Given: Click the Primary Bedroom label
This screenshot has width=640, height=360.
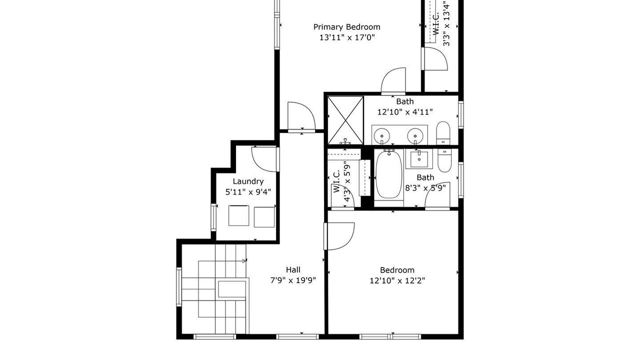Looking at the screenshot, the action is [x=347, y=27].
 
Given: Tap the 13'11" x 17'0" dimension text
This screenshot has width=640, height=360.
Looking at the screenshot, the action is [x=347, y=37].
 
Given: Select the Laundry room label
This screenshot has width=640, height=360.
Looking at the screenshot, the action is [x=248, y=181].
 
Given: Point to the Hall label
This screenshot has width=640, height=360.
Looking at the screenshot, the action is [x=293, y=269].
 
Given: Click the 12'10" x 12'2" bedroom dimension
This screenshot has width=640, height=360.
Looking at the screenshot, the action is [x=397, y=280].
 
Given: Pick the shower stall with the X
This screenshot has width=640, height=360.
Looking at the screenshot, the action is [x=345, y=120].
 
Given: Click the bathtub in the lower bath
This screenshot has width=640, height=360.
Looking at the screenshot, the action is [x=389, y=174].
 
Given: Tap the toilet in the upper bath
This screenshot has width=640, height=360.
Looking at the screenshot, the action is [x=443, y=133].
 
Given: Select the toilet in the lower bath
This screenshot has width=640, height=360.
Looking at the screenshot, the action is [x=444, y=160].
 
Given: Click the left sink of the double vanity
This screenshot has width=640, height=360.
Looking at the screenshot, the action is [x=381, y=135].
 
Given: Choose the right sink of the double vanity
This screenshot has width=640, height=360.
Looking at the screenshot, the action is [x=415, y=135].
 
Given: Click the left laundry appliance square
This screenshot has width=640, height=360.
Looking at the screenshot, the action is [x=238, y=215].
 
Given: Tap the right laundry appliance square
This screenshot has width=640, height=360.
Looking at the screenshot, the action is [x=264, y=217].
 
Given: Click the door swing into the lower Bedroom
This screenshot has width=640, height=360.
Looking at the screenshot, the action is [x=339, y=236].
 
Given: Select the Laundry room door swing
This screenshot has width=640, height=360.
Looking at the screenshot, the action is [x=265, y=159].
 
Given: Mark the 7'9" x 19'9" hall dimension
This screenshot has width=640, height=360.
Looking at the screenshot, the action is [x=293, y=280].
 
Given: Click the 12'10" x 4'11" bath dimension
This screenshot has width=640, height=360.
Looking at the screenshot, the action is [x=405, y=112].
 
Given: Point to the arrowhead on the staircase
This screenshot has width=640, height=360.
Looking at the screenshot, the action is [x=244, y=260].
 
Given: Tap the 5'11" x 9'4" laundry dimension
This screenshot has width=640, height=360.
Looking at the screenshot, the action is [x=248, y=192].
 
